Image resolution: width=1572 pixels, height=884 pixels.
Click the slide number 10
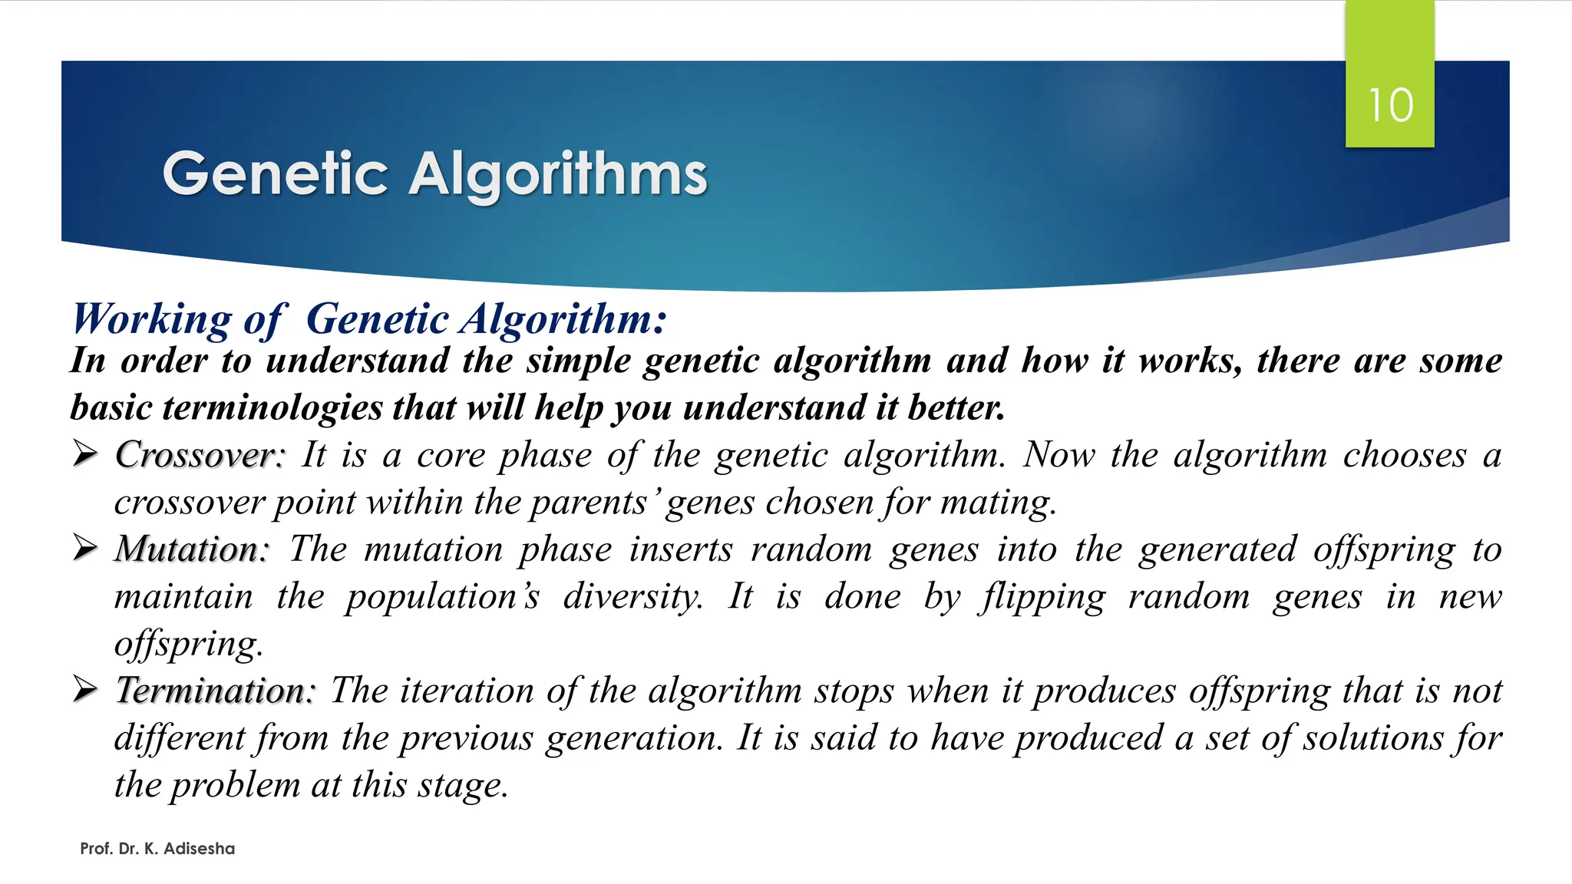[x=1390, y=105]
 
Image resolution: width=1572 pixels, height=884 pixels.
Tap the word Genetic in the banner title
[x=276, y=173]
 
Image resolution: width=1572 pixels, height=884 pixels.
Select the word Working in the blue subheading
[x=151, y=319]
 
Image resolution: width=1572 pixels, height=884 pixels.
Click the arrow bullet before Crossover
[x=84, y=454]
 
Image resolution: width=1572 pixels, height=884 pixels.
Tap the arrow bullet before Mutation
[x=84, y=549]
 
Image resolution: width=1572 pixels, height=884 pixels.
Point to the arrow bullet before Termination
[x=84, y=690]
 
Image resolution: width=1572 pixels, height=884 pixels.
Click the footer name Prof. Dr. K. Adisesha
[x=157, y=849]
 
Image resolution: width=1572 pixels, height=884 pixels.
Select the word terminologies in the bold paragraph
[x=272, y=407]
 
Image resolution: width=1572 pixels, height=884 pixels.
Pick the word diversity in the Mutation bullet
[x=632, y=597]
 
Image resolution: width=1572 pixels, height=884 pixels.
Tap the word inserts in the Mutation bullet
[x=681, y=549]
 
